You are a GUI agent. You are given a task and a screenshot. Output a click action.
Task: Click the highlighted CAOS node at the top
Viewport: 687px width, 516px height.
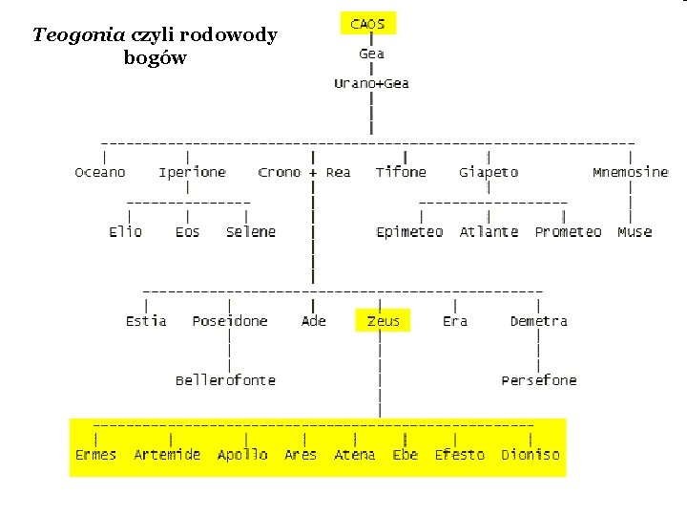click(367, 24)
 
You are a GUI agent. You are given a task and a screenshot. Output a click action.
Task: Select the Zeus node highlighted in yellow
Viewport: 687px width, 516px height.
click(383, 321)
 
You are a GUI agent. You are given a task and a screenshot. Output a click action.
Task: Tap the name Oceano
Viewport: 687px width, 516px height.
click(100, 172)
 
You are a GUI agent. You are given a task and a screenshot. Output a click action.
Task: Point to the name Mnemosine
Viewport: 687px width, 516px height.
click(630, 172)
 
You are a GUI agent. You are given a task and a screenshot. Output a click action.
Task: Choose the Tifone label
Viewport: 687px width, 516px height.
click(401, 172)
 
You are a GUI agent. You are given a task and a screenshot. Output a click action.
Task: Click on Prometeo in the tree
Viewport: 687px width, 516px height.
click(568, 232)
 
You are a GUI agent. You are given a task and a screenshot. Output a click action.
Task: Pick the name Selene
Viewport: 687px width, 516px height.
click(251, 232)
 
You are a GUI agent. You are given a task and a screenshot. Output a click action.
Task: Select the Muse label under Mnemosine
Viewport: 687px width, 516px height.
click(635, 232)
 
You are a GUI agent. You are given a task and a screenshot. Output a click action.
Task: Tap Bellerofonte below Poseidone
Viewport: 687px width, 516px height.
click(225, 380)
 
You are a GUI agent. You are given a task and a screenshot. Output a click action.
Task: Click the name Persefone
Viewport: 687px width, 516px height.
click(539, 380)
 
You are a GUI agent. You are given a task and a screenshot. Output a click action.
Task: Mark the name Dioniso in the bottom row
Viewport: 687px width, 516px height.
click(531, 455)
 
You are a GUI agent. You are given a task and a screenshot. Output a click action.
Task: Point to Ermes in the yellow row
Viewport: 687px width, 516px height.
click(95, 455)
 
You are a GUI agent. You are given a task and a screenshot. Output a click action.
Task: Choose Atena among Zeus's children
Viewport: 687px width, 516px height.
click(354, 455)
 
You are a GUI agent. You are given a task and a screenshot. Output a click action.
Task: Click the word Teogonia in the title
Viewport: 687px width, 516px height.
click(78, 36)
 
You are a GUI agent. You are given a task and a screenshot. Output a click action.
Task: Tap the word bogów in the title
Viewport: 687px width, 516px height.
click(155, 58)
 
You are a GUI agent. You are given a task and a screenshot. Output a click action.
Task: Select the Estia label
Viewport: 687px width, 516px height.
click(146, 321)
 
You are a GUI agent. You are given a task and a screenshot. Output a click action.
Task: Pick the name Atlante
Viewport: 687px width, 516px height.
click(489, 232)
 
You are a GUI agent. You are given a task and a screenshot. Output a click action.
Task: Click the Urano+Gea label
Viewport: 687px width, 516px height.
click(371, 83)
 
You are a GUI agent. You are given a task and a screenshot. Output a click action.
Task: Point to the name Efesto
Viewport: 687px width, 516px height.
click(460, 455)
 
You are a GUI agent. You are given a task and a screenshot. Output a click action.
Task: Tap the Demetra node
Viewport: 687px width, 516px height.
click(538, 321)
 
